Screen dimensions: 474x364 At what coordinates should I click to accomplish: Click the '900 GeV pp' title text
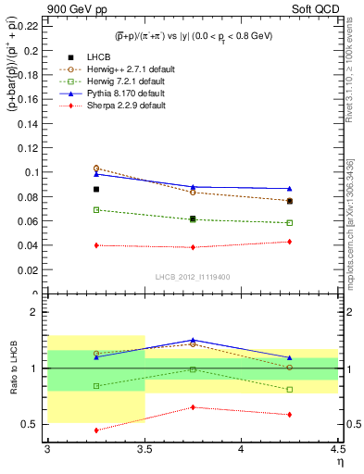[x=74, y=9]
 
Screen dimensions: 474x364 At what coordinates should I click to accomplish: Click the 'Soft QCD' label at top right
[x=317, y=9]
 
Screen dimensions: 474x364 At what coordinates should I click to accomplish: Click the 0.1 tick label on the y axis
[x=31, y=172]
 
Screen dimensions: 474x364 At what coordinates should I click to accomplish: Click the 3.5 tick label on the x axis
[x=144, y=449]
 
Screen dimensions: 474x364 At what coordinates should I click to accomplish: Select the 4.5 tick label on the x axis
[x=337, y=449]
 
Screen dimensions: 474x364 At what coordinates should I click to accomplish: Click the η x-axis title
[x=339, y=462]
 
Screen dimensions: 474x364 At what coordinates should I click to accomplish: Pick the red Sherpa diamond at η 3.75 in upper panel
[x=193, y=247]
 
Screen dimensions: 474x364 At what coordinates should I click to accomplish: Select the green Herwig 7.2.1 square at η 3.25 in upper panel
[x=96, y=210]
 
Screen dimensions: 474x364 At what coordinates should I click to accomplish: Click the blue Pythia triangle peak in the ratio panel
[x=193, y=340]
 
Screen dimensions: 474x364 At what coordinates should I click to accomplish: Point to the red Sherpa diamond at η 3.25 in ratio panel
[x=96, y=430]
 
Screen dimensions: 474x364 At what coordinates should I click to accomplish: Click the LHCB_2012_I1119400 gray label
[x=193, y=276]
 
